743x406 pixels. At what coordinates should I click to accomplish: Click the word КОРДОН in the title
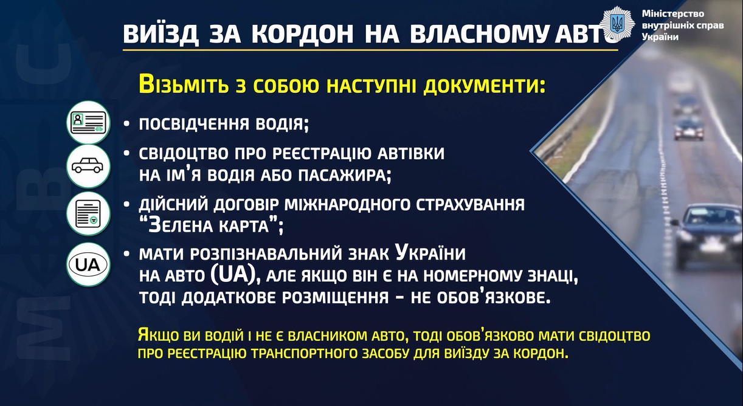click(302, 34)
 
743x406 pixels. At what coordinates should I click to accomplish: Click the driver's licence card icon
click(88, 122)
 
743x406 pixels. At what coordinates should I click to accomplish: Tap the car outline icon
click(88, 166)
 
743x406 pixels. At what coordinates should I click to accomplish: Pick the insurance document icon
click(88, 213)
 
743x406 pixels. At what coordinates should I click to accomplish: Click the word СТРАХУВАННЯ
click(470, 204)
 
